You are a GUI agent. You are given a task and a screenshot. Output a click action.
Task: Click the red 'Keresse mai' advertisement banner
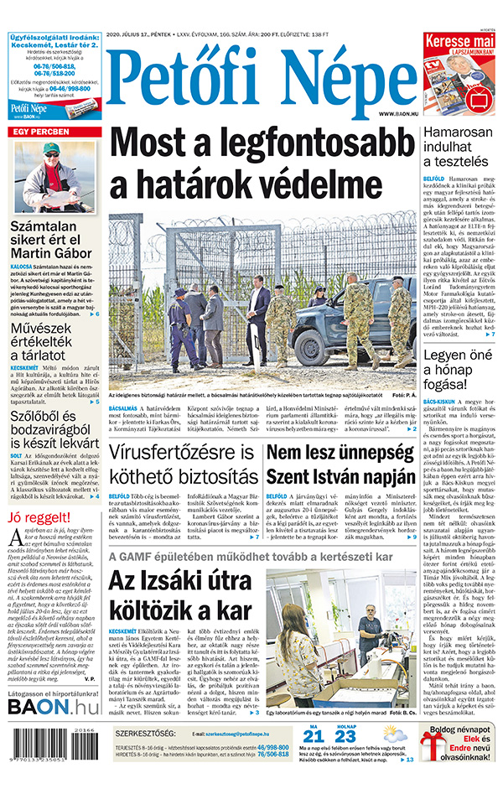(459, 43)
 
